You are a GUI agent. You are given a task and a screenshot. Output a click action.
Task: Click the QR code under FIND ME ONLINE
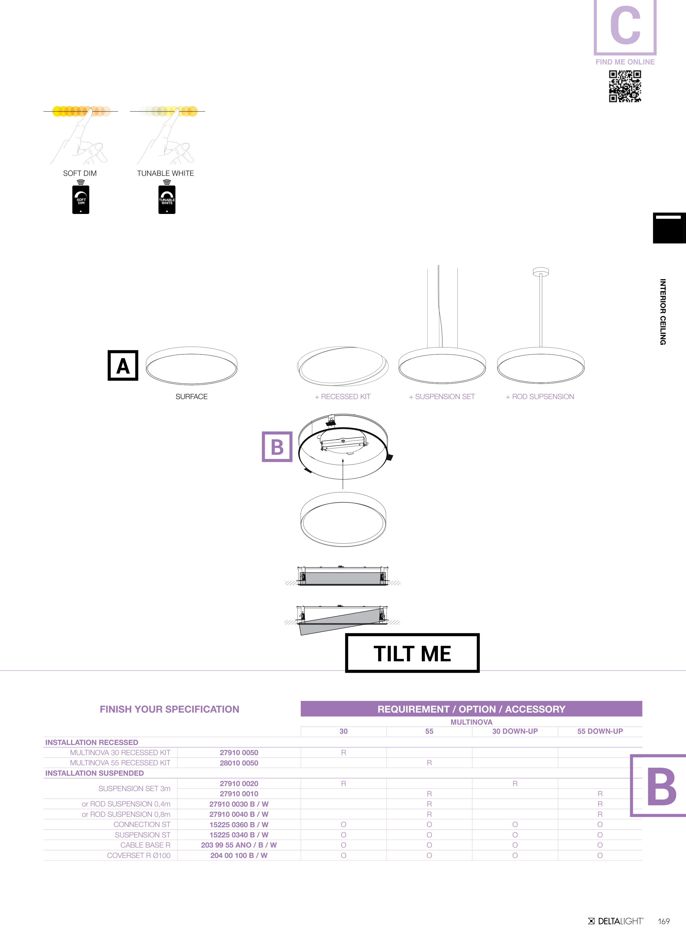(x=625, y=86)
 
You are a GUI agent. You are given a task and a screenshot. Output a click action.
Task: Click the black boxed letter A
(x=123, y=365)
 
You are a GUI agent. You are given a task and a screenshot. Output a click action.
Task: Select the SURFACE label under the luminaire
(x=191, y=397)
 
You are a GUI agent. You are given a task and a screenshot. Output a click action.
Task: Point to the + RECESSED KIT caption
(x=342, y=397)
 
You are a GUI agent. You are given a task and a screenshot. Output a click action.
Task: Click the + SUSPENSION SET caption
(x=442, y=397)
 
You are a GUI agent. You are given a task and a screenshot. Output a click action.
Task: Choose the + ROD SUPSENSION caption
(x=540, y=397)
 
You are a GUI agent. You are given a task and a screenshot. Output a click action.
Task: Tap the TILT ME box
(x=412, y=653)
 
